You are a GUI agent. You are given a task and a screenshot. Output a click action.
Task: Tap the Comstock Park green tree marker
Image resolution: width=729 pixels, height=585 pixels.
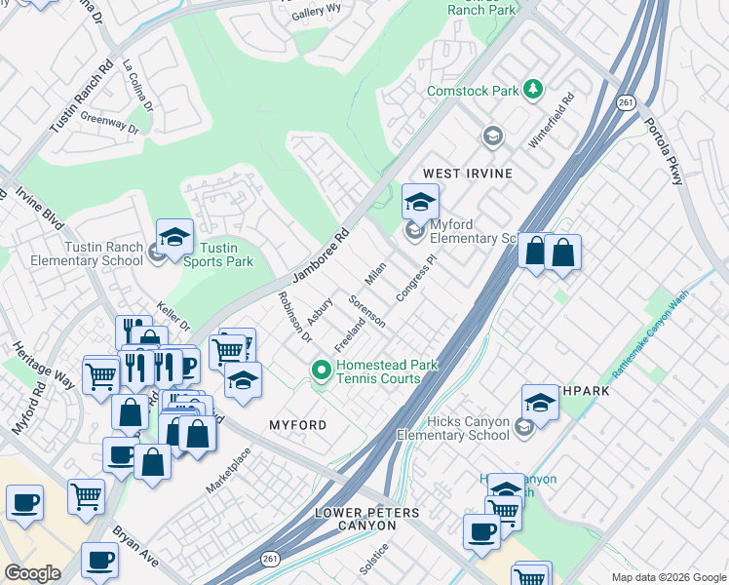tap(533, 91)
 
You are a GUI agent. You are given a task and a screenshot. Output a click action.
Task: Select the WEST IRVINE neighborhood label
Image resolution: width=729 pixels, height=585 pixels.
tap(467, 173)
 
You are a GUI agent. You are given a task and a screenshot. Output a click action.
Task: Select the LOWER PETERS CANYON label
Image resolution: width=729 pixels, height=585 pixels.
tap(356, 519)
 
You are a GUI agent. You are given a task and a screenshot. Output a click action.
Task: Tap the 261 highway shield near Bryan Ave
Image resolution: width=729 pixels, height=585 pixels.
tap(270, 558)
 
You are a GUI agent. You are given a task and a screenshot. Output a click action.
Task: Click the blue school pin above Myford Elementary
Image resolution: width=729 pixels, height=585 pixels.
tap(420, 202)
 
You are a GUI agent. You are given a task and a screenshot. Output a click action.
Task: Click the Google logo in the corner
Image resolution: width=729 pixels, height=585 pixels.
tap(32, 573)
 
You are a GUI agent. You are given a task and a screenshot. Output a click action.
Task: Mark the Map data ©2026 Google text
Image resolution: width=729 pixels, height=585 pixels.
tap(668, 577)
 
